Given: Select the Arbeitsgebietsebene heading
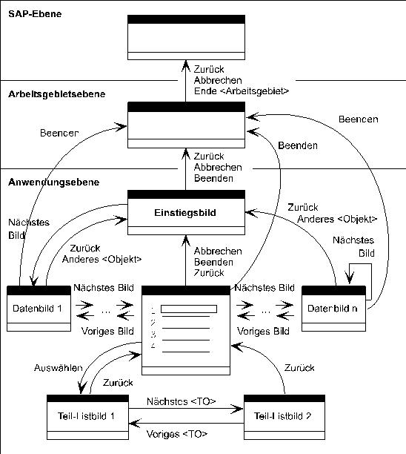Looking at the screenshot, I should pyautogui.click(x=56, y=94).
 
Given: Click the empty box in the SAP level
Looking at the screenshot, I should pyautogui.click(x=185, y=37).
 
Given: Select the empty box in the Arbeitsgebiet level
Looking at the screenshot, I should pyautogui.click(x=185, y=125).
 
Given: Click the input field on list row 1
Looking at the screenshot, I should pyautogui.click(x=188, y=309).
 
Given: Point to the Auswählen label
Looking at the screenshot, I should pyautogui.click(x=53, y=368).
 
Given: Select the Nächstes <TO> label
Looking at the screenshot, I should pyautogui.click(x=181, y=401).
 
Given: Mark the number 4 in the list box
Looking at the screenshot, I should pyautogui.click(x=152, y=346).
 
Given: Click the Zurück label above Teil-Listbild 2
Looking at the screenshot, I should pyautogui.click(x=299, y=368).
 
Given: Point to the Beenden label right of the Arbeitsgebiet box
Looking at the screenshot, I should pyautogui.click(x=298, y=146).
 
